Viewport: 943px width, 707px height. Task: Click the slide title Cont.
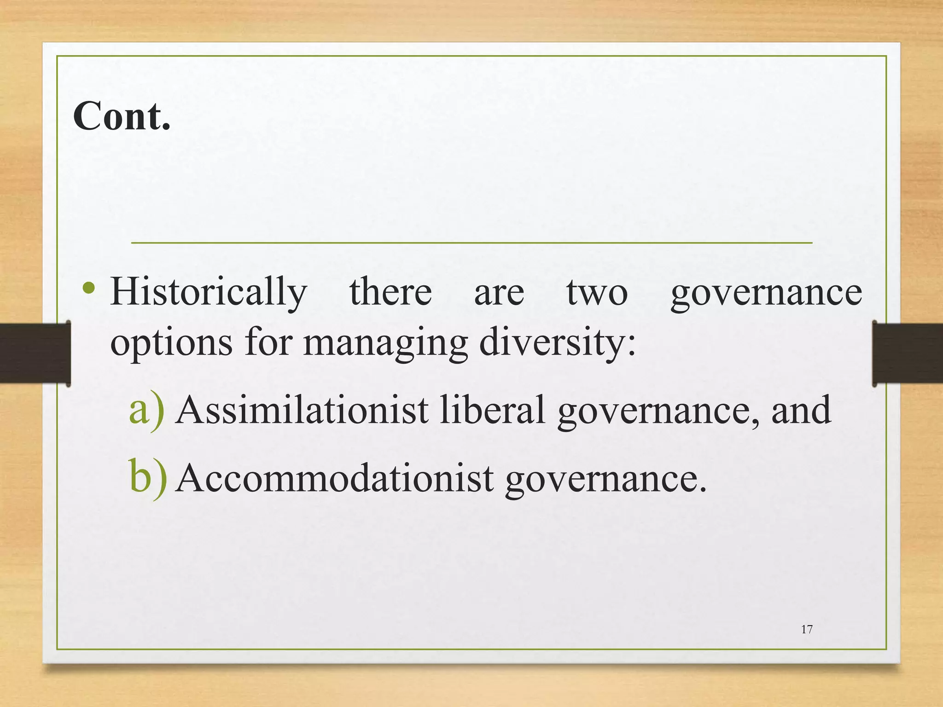click(122, 116)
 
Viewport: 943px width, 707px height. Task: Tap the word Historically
click(209, 293)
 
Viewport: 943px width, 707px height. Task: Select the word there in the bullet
click(390, 292)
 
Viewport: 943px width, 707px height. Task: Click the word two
click(597, 293)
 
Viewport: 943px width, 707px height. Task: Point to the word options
click(171, 343)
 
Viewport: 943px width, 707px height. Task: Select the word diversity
click(557, 343)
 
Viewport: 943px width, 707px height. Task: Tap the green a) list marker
click(146, 410)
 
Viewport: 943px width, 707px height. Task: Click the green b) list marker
click(147, 478)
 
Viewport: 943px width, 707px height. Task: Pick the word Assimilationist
click(302, 410)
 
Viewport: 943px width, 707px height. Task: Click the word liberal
click(492, 410)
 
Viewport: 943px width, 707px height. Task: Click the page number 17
click(807, 630)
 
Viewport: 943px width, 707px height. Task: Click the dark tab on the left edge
click(35, 353)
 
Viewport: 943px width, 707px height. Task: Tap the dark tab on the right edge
click(907, 353)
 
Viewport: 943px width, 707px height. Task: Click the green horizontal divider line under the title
click(471, 242)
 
